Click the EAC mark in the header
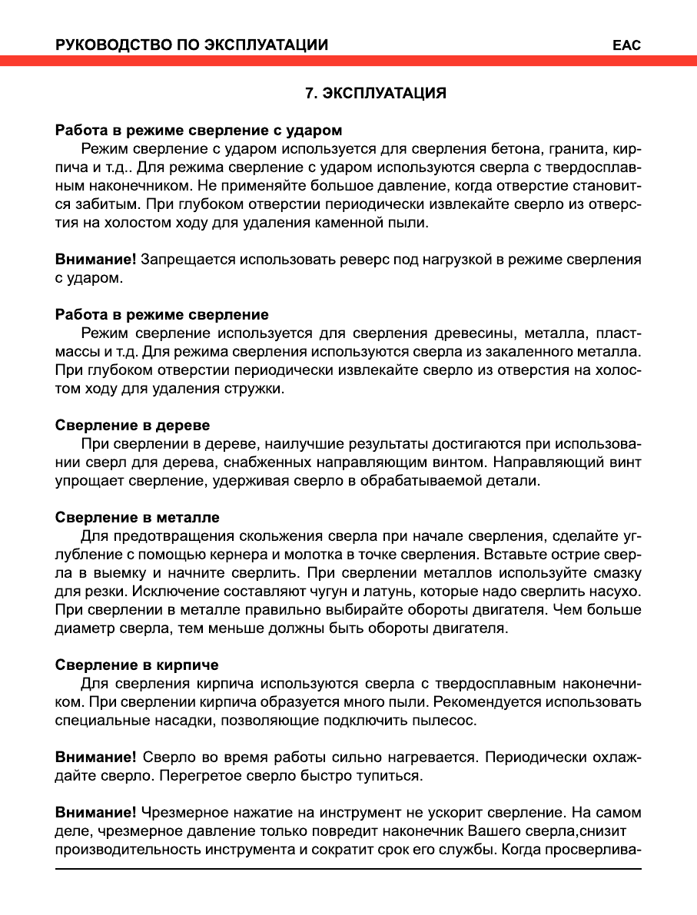click(x=626, y=45)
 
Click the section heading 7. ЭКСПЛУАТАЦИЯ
click(x=376, y=94)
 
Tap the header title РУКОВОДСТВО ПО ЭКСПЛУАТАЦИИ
click(x=192, y=45)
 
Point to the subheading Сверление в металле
click(x=138, y=517)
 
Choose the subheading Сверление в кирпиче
click(x=137, y=665)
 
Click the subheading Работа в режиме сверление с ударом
click(x=199, y=130)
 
